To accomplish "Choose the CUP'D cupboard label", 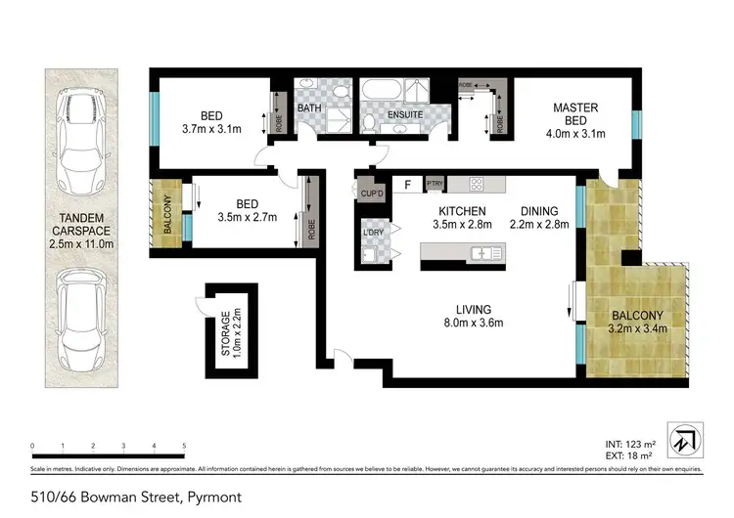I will coord(371,194).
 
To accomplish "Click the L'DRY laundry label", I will coord(373,234).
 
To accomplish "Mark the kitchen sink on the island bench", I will coord(485,254).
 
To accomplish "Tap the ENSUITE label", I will coord(404,115).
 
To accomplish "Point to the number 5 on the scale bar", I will coord(184,446).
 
